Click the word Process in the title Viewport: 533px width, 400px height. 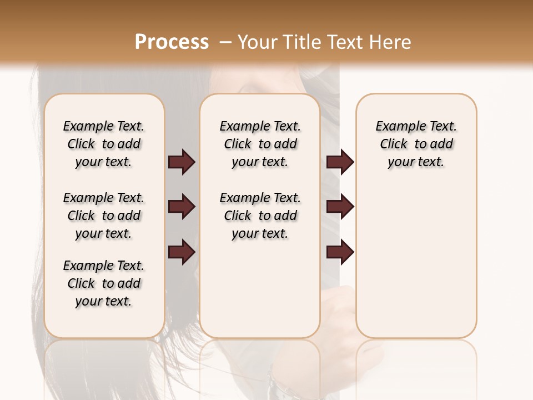coord(172,42)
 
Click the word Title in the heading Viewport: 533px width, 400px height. coord(300,42)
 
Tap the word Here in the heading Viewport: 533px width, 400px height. coord(391,42)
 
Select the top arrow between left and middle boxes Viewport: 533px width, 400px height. coord(182,162)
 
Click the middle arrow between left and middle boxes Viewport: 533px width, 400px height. coord(182,207)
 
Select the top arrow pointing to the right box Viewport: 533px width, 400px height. coord(340,162)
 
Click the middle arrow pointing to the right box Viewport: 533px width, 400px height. coord(340,207)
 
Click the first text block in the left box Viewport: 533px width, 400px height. coord(104,144)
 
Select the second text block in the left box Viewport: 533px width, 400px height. coord(104,216)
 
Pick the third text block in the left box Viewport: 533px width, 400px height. coord(104,283)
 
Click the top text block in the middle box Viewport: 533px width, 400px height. coord(260,144)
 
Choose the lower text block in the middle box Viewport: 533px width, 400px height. coord(260,216)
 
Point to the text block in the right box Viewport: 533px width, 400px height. coord(416,144)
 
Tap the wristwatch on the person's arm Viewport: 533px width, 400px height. coord(276,383)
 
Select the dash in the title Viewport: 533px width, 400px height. coord(225,42)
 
